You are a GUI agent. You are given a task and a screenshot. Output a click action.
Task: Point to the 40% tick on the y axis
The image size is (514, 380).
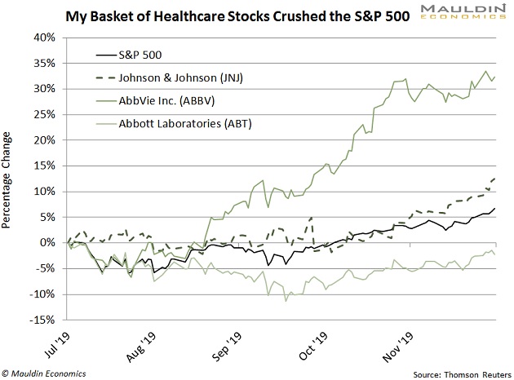(44, 38)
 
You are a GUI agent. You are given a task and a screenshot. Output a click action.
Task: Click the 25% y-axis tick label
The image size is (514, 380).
(44, 114)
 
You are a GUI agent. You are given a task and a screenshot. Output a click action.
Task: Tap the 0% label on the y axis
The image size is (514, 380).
(47, 242)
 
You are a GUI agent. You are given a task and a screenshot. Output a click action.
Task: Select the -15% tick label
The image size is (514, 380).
(42, 319)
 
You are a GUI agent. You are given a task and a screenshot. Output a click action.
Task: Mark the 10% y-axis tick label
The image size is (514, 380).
(44, 191)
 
